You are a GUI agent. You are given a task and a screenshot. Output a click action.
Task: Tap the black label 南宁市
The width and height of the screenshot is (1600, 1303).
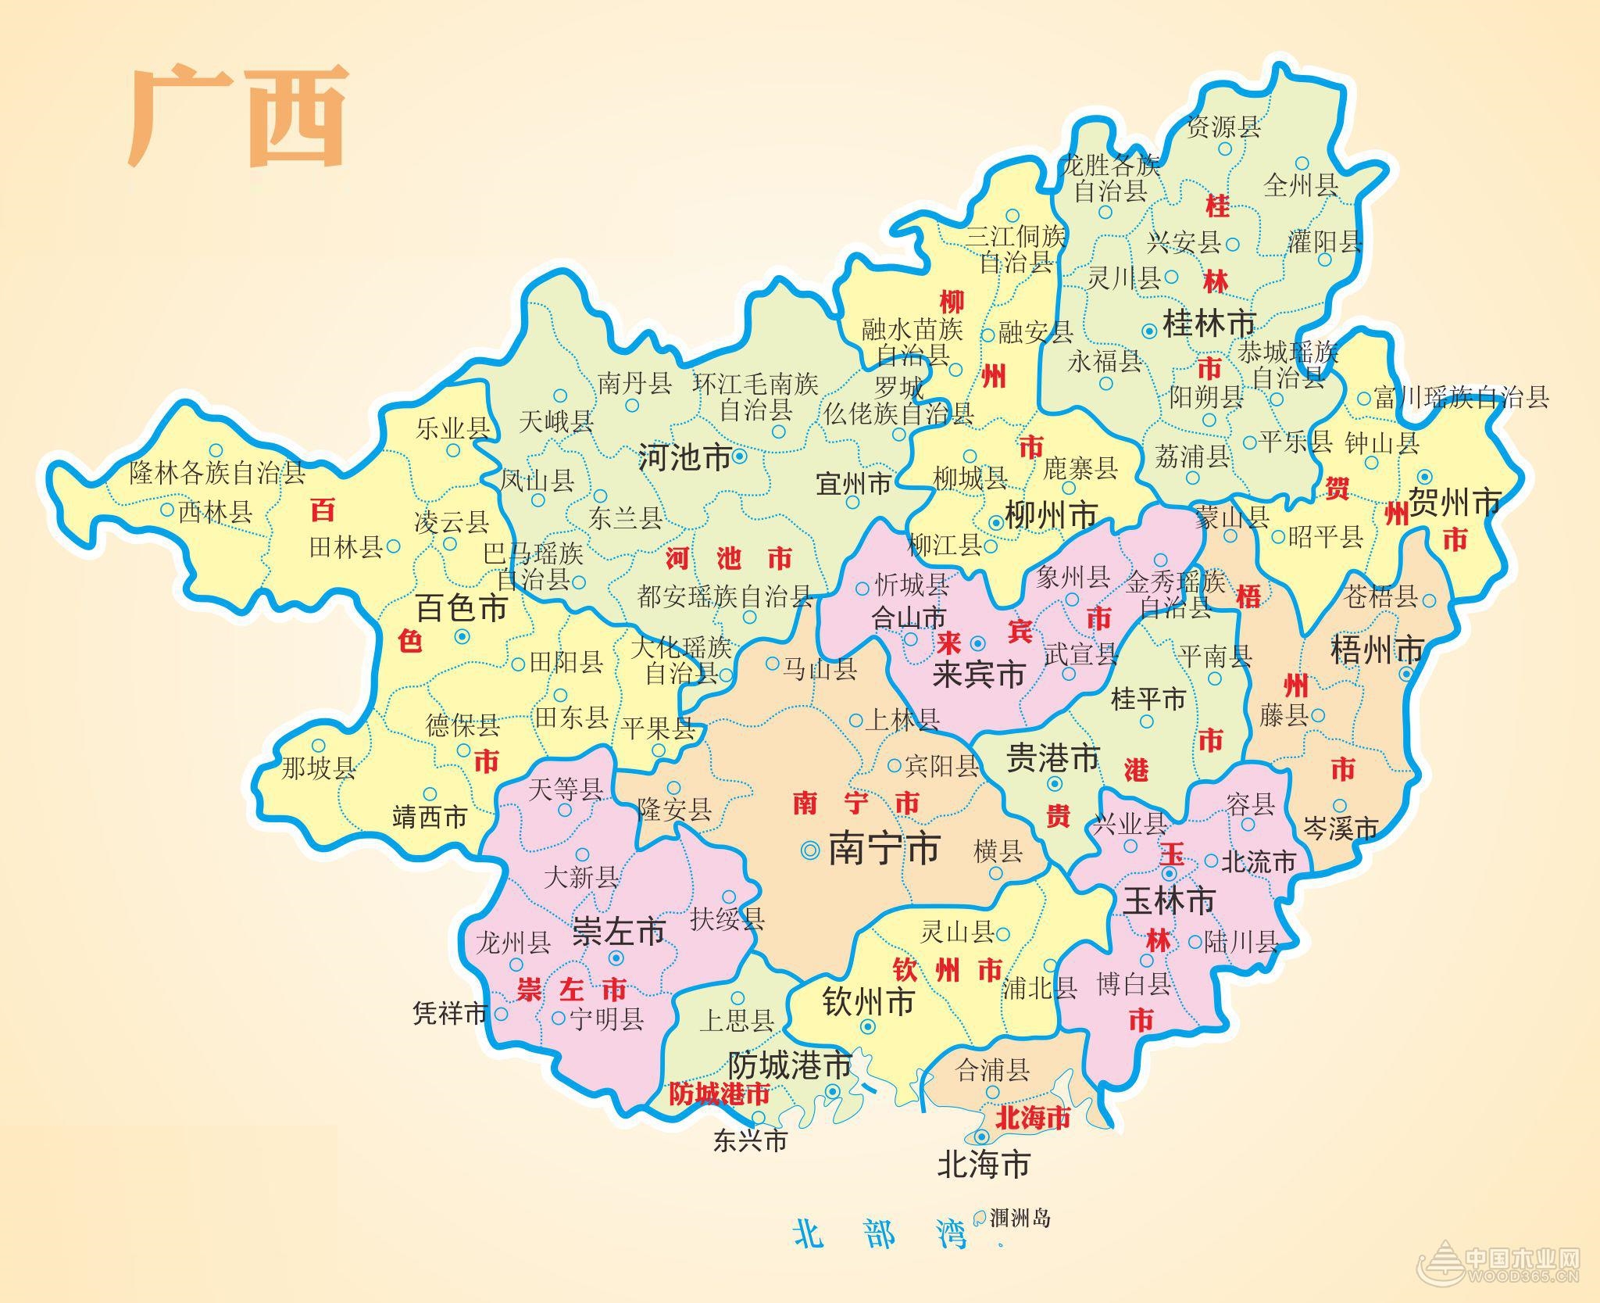pyautogui.click(x=883, y=849)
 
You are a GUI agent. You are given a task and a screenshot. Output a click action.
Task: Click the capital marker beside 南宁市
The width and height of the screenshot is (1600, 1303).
pyautogui.click(x=811, y=850)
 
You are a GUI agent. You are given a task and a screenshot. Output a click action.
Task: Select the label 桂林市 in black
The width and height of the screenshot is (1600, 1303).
pyautogui.click(x=1209, y=324)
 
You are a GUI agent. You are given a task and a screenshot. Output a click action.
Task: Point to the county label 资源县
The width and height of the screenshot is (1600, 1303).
pyautogui.click(x=1223, y=127)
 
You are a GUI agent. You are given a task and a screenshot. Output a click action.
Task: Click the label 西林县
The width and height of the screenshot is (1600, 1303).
pyautogui.click(x=216, y=513)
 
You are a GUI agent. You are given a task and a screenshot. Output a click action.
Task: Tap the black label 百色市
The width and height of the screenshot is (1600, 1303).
pyautogui.click(x=461, y=607)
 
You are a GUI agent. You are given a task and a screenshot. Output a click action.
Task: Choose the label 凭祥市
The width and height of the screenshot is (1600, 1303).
pyautogui.click(x=450, y=1015)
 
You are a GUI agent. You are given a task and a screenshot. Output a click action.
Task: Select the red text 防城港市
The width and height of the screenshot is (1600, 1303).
pyautogui.click(x=719, y=1094)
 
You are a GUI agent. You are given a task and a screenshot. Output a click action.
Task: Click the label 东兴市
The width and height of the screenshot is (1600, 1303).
pyautogui.click(x=750, y=1141)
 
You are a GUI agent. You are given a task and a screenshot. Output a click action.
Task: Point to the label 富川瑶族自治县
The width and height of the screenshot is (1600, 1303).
pyautogui.click(x=1461, y=398)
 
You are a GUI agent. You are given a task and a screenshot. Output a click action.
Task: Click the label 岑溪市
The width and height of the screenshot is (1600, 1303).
pyautogui.click(x=1341, y=829)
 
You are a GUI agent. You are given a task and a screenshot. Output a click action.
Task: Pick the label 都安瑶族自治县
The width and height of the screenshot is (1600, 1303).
pyautogui.click(x=725, y=597)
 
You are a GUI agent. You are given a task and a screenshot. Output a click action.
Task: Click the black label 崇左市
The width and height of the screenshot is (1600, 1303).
pyautogui.click(x=619, y=932)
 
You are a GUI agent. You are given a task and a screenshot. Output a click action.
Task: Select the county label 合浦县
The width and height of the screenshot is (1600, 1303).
pyautogui.click(x=993, y=1070)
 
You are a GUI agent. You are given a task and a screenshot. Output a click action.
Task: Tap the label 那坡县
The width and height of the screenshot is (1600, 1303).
pyautogui.click(x=318, y=768)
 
